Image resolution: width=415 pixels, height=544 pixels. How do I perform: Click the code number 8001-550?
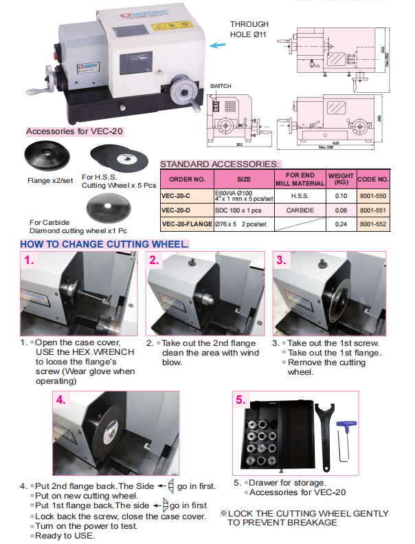point(373,195)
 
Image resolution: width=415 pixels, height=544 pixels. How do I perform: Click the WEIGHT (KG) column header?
point(341,179)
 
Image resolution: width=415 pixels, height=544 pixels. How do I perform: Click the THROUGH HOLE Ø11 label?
point(249,28)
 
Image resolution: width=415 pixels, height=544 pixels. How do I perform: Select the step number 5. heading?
point(240,400)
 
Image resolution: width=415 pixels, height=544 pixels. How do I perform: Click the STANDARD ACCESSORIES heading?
point(219,164)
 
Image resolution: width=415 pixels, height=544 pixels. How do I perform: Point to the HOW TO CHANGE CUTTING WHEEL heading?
point(104,245)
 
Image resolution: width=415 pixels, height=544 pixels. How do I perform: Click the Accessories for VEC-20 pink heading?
point(75,131)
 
